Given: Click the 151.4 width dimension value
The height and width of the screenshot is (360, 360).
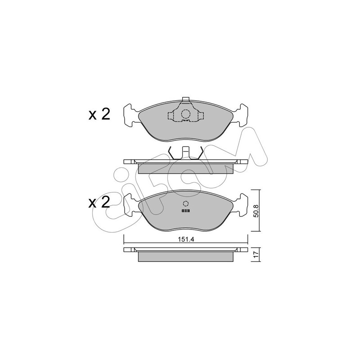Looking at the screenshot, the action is pyautogui.click(x=186, y=239).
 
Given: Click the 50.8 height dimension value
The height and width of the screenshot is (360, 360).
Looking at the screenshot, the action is pyautogui.click(x=256, y=211).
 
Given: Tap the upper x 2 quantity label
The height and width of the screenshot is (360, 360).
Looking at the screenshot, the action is pyautogui.click(x=99, y=114).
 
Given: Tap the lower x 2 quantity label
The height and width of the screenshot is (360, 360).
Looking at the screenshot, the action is pyautogui.click(x=99, y=202).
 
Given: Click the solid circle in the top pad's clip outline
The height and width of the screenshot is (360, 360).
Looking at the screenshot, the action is pyautogui.click(x=185, y=114).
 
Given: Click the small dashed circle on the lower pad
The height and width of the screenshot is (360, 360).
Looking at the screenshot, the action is pyautogui.click(x=185, y=203).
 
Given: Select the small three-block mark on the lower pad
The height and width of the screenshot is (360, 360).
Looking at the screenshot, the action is pyautogui.click(x=185, y=211).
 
